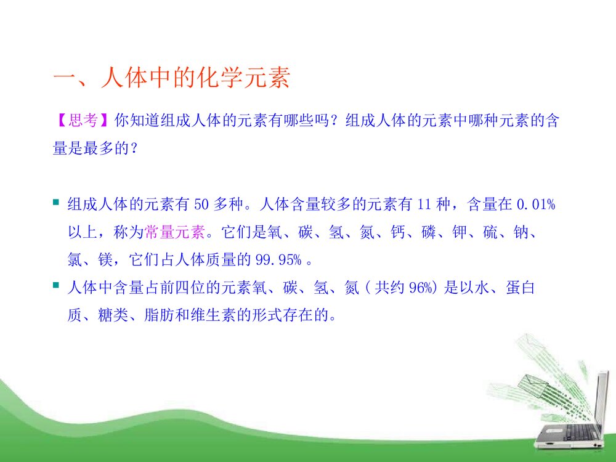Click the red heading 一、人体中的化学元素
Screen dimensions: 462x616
coord(171,79)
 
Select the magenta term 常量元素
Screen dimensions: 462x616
coord(176,232)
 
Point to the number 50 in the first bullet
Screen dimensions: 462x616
coord(202,204)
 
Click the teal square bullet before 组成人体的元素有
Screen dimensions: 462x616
coord(56,203)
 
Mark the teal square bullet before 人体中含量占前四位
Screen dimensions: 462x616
coord(56,287)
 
